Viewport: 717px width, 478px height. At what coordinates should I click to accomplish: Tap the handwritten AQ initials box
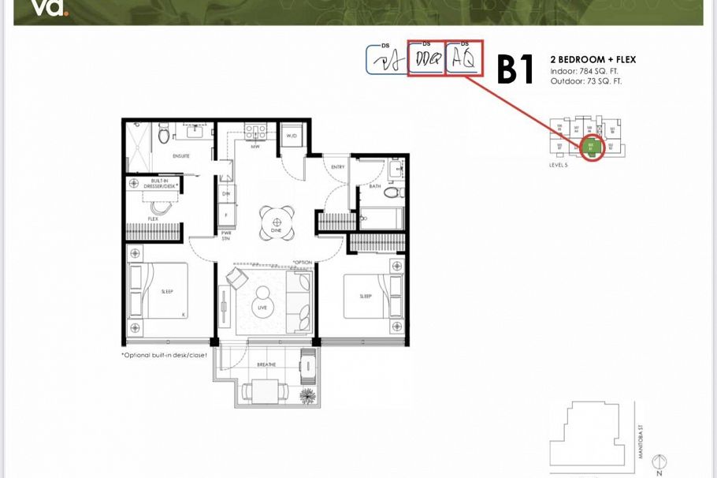tap(464, 59)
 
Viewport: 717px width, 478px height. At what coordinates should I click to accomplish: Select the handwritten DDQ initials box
tap(426, 60)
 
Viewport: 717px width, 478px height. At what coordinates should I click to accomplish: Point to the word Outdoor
tap(564, 80)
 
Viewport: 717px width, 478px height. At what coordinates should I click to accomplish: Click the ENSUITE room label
tap(181, 156)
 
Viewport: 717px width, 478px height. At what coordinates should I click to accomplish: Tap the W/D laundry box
tap(292, 136)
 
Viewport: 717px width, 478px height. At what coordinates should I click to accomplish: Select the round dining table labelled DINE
tap(277, 223)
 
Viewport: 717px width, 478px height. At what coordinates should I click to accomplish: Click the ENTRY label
tap(338, 166)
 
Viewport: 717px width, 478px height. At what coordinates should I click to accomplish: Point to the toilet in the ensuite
tap(165, 136)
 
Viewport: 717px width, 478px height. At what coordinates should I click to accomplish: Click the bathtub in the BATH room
tap(381, 218)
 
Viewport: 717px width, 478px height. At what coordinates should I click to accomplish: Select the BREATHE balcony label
tap(266, 364)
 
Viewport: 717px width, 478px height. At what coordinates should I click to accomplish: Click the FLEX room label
tap(153, 218)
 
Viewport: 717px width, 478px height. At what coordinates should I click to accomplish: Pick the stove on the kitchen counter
tap(255, 130)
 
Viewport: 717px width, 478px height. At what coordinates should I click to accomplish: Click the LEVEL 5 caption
tap(558, 166)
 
